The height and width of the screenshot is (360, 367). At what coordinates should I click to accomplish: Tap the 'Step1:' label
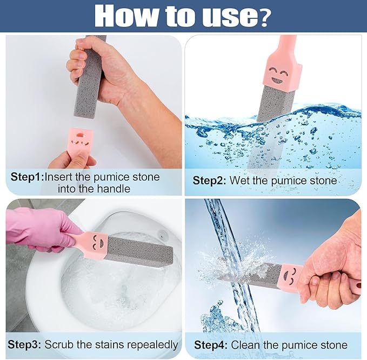27,177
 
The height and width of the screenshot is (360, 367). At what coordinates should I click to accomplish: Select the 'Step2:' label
210,181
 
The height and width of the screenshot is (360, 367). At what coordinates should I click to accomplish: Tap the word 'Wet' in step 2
240,181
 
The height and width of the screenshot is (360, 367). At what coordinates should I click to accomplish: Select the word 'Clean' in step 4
244,345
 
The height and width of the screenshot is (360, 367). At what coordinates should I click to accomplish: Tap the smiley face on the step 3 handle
97,241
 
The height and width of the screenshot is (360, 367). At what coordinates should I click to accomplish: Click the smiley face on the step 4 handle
290,275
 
